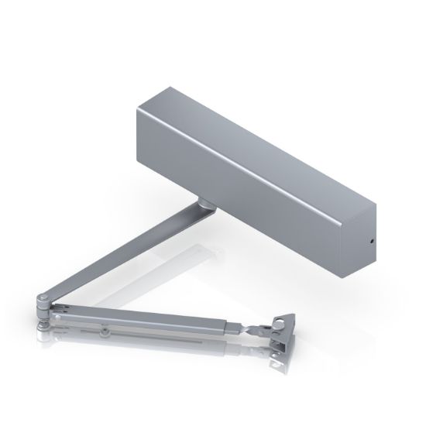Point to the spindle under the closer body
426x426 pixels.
205,204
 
